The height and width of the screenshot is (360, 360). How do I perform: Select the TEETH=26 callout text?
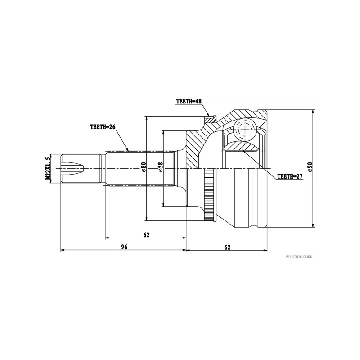pos(103,127)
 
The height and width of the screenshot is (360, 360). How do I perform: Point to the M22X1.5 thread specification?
pos(47,168)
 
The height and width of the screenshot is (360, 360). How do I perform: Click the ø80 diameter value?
pos(144,168)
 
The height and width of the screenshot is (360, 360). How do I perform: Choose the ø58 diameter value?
pos(160,168)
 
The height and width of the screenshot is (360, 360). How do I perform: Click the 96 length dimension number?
pos(124,247)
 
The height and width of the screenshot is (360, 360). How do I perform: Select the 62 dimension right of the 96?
pos(227,247)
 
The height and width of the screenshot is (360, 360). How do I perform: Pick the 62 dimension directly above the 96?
pos(146,234)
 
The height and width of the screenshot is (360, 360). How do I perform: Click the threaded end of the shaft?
pos(72,168)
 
